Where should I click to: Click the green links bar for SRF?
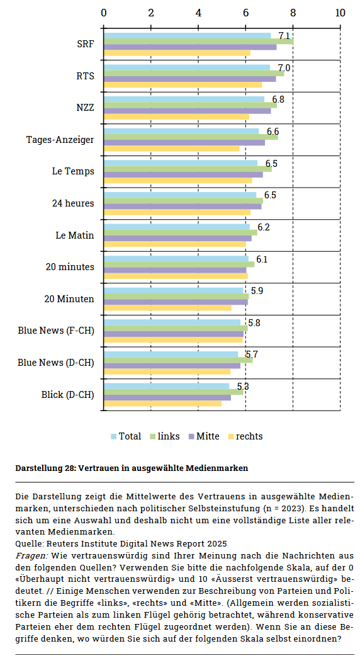pyautogui.click(x=199, y=42)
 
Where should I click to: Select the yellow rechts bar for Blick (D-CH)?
pyautogui.click(x=162, y=404)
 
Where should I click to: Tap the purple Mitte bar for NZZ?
pyautogui.click(x=188, y=111)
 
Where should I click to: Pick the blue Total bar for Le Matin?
pyautogui.click(x=177, y=227)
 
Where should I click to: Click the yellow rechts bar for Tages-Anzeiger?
pyautogui.click(x=172, y=149)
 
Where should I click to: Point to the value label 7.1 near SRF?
pyautogui.click(x=284, y=37)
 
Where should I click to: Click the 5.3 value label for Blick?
pyautogui.click(x=242, y=387)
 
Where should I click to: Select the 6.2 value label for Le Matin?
pyautogui.click(x=264, y=227)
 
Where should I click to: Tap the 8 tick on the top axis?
pyautogui.click(x=293, y=13)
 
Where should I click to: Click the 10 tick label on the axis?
pyautogui.click(x=340, y=13)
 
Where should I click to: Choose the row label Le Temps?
pyautogui.click(x=73, y=171)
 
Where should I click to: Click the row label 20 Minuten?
pyautogui.click(x=69, y=299)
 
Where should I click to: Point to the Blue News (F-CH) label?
pyautogui.click(x=56, y=331)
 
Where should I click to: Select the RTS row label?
pyautogui.click(x=86, y=76)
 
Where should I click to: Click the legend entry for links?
pyautogui.click(x=165, y=436)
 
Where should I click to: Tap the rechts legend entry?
pyautogui.click(x=245, y=436)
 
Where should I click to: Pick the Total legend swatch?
pyautogui.click(x=114, y=436)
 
